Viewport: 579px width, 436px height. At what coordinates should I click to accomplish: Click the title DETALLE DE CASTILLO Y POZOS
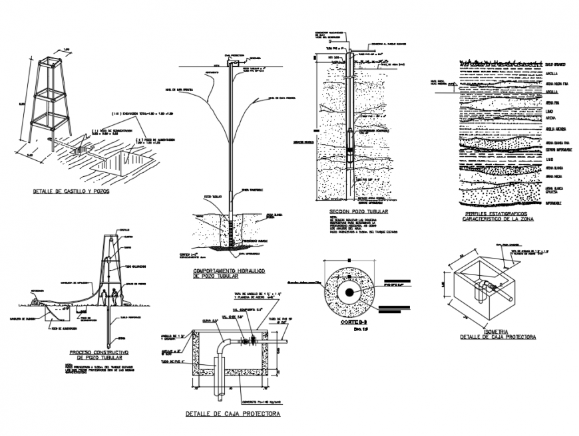71,191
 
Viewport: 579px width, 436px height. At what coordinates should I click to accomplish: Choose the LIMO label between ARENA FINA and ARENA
549,111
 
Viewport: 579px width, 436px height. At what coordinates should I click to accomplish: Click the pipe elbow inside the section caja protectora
224,345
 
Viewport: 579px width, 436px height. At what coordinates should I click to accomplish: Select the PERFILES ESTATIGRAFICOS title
498,214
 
